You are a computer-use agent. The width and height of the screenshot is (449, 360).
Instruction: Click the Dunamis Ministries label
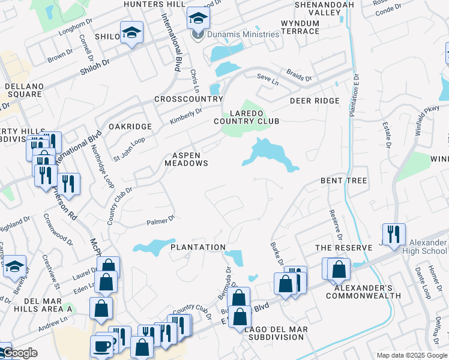coord(243,34)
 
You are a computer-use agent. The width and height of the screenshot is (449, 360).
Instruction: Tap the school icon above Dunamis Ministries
coord(197,18)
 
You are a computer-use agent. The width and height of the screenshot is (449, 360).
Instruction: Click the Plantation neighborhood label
coord(197,247)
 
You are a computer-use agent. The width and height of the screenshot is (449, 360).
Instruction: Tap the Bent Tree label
coord(343,181)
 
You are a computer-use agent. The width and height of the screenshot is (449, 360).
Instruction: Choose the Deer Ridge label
coord(315,101)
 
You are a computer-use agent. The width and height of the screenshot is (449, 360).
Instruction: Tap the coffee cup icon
coord(101,346)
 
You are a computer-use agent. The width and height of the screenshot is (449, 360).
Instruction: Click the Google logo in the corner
coord(19,353)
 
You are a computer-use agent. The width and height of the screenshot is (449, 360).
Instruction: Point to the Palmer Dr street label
coord(160,221)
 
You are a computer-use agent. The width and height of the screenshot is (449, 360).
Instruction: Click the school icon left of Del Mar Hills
coord(14,268)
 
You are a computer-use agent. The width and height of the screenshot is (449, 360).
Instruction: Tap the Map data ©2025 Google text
coord(411,355)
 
